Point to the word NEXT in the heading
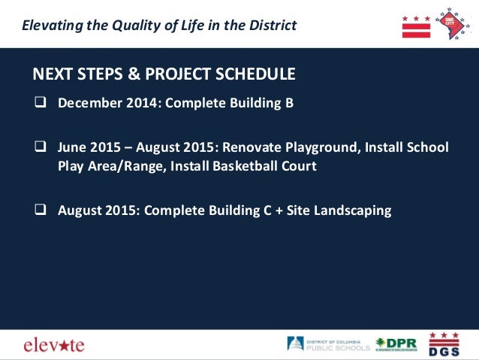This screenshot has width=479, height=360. [x=52, y=74]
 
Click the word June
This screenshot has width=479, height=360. [x=73, y=147]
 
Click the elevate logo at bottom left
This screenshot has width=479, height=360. [x=53, y=344]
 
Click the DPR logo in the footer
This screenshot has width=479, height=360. [x=396, y=343]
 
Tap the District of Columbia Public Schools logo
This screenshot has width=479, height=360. [x=328, y=343]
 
